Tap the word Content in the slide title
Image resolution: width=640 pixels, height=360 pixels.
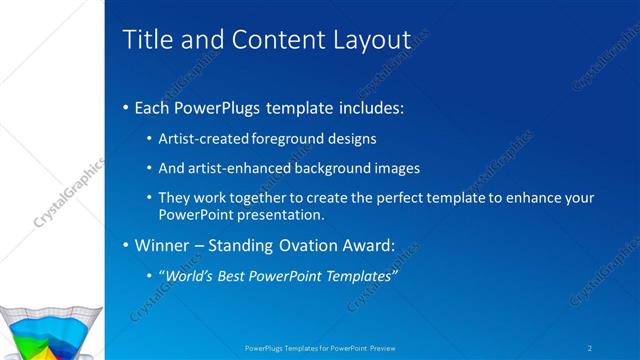tap(273, 40)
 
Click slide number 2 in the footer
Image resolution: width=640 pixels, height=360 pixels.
tap(590, 348)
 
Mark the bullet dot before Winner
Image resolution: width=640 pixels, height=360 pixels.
tap(125, 246)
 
